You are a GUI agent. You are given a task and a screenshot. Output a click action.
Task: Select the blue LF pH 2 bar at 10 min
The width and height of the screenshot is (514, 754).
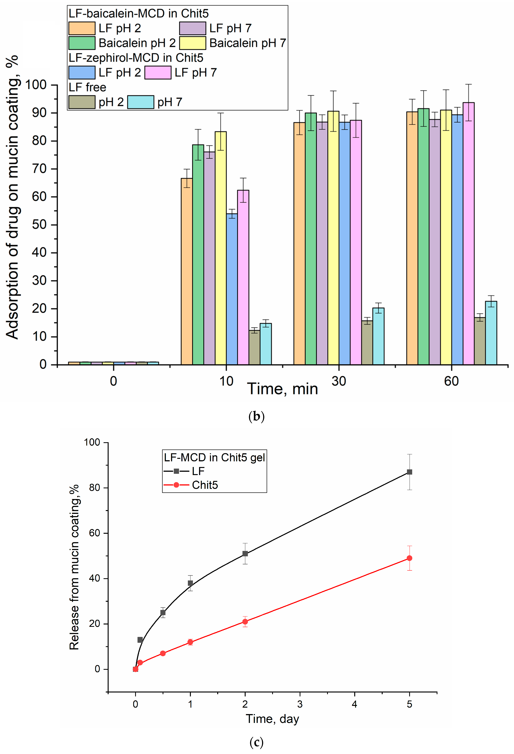coord(232,289)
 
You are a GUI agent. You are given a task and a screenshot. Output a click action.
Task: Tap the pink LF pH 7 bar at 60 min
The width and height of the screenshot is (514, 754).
coord(468,234)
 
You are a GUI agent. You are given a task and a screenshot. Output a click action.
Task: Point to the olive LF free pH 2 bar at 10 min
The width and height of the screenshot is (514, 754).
coord(254,347)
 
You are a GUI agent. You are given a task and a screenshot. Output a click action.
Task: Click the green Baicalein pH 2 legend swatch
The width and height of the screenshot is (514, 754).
coord(82,43)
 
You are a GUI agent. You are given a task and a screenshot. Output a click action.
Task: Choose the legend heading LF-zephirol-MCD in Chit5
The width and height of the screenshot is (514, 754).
coord(136,58)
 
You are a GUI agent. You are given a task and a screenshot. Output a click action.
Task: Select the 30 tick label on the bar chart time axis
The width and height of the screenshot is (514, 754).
coord(339,381)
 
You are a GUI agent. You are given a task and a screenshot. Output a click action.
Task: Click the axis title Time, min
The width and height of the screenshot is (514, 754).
coord(282,389)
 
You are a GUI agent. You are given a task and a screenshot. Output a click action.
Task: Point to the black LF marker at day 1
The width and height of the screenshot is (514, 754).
coord(190,583)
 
